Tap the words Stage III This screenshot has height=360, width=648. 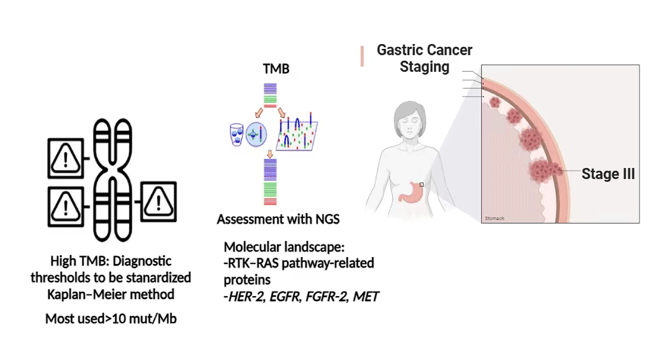coord(608,174)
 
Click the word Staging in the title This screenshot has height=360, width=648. coord(425,67)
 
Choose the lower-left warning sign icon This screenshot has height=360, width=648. coord(66,207)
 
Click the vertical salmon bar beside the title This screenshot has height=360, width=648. coord(362,56)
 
